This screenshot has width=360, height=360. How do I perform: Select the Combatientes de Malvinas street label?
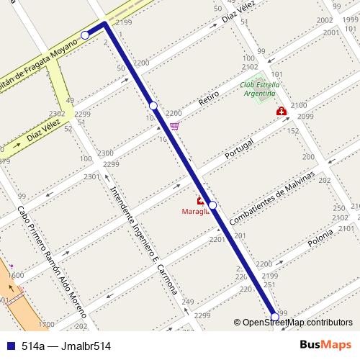273,197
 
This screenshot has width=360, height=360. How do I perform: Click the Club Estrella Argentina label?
258,89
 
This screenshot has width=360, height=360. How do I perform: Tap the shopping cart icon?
174,126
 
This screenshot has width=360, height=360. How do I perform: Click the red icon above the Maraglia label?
200,201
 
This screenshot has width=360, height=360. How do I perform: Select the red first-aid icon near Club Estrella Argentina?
281,112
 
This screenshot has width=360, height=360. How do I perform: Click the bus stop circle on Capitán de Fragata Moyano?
85,35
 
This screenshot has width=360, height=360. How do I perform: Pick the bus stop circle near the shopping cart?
153,106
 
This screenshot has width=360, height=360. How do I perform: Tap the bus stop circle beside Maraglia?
212,205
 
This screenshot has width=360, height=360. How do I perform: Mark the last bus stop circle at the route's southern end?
274,316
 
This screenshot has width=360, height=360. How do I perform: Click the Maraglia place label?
195,212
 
